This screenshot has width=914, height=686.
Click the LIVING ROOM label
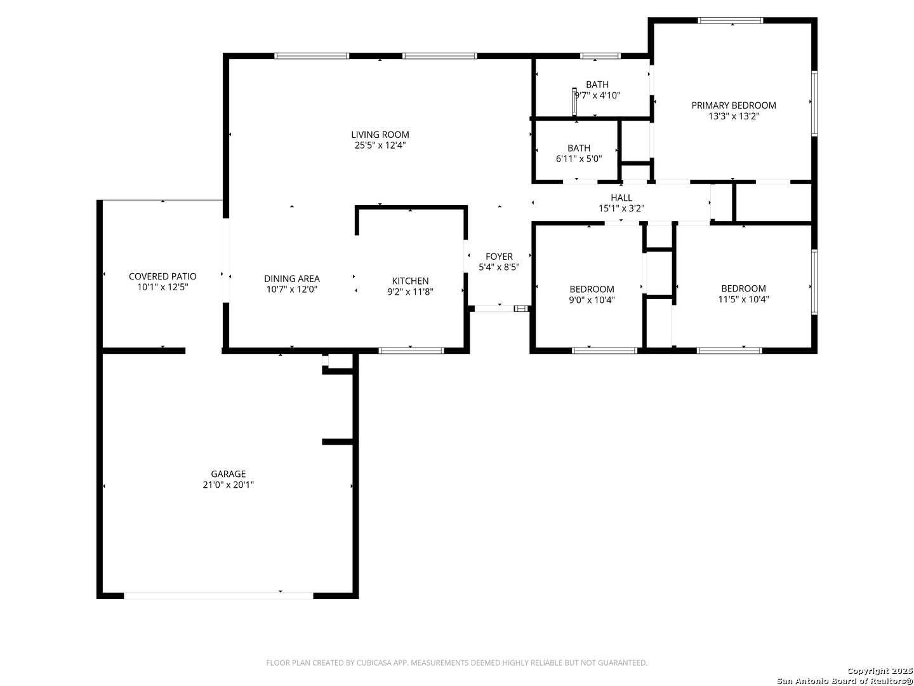coord(380,135)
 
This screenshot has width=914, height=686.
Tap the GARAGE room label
coord(228,474)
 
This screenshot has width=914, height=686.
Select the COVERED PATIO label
coord(162,276)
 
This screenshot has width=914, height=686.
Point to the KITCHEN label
coord(410,281)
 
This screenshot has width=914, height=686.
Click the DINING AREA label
coord(291,279)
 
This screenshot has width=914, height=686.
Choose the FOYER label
coord(499,257)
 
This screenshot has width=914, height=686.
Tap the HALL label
coord(621,198)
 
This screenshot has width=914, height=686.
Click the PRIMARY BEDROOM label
coord(734,105)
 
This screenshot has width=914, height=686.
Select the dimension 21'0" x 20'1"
coord(228,485)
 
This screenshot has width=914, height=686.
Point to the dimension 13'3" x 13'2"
coord(734,116)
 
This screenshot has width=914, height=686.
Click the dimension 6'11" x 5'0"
coord(579,159)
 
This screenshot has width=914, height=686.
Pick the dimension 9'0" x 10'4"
coord(592,300)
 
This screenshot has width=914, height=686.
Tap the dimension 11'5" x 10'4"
coord(743,299)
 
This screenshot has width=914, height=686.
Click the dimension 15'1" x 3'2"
coord(621,209)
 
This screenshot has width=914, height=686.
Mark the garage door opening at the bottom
coord(218,596)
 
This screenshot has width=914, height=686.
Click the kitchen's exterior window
coord(411,351)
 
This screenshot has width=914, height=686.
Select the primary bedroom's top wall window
coord(731,20)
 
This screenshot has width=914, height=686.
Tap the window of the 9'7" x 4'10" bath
coord(600,57)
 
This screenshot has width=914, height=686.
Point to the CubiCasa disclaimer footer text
coord(457,662)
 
